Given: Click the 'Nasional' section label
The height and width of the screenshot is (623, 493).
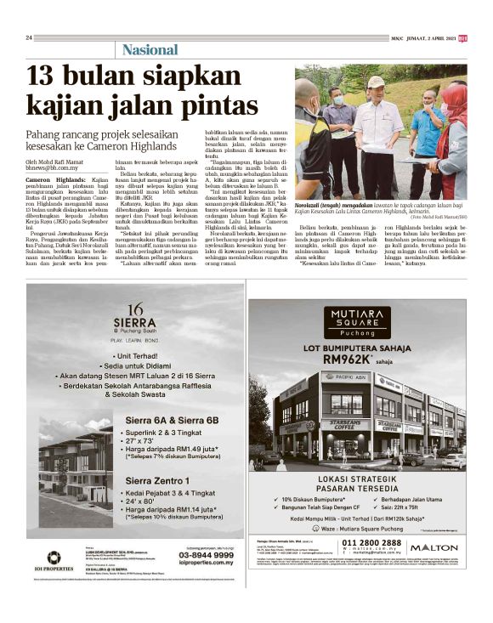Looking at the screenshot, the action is [150, 49].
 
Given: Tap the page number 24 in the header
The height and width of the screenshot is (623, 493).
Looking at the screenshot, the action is [29, 37].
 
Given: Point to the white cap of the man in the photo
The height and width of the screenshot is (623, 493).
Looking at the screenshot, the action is [376, 82].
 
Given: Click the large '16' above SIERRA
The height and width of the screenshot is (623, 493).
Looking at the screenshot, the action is [128, 309].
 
